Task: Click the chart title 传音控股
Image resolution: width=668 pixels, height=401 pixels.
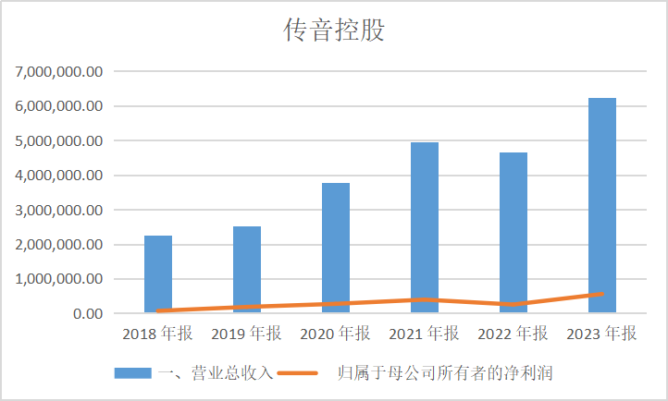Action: [333, 30]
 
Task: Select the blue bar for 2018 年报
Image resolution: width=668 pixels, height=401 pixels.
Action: [158, 274]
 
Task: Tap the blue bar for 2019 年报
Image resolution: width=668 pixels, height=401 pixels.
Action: [247, 270]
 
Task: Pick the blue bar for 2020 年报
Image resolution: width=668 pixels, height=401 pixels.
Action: [336, 248]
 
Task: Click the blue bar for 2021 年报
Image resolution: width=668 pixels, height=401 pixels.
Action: [425, 227]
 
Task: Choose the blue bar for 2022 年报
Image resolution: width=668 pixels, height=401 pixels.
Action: [513, 233]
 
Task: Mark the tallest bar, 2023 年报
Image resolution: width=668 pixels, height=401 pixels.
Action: [602, 205]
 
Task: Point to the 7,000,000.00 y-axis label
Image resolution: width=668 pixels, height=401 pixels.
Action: [58, 71]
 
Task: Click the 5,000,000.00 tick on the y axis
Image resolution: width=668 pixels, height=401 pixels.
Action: [58, 140]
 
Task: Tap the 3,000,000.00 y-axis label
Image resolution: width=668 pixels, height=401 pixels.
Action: [58, 210]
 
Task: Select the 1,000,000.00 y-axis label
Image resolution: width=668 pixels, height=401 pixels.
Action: [58, 279]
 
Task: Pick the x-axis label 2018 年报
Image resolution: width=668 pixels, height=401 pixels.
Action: [158, 334]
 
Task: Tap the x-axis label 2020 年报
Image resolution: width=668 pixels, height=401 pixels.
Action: [336, 334]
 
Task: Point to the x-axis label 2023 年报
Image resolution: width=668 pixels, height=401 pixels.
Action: [602, 334]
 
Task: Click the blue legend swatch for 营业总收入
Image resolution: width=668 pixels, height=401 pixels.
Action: [132, 373]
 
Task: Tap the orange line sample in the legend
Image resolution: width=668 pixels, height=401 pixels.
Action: [297, 373]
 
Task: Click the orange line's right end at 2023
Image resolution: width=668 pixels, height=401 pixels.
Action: [602, 294]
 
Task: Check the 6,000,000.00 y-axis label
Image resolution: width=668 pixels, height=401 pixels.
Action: [58, 106]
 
